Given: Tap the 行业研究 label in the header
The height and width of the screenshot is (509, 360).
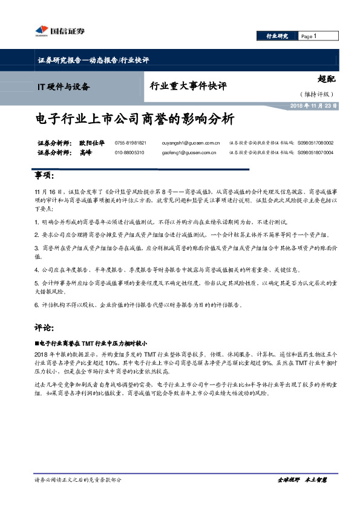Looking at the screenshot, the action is click(x=278, y=36).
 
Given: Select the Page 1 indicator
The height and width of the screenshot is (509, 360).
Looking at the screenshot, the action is click(x=309, y=36).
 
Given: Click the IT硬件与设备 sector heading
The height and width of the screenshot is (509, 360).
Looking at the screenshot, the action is click(x=62, y=86).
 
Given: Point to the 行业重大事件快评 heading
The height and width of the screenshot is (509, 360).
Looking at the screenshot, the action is click(x=188, y=86).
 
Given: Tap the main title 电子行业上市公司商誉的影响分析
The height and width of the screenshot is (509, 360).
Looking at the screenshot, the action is click(x=134, y=118).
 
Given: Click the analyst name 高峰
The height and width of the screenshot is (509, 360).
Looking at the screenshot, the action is click(x=85, y=153).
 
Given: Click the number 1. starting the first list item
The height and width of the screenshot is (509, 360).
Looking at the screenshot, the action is click(x=37, y=222).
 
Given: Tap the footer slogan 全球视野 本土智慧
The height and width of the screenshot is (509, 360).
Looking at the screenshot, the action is click(x=301, y=479).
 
